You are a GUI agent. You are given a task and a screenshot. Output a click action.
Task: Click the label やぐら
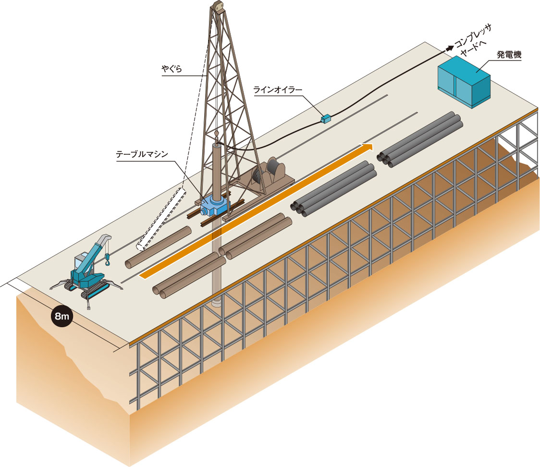172,69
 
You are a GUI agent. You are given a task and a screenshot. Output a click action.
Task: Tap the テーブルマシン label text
142,154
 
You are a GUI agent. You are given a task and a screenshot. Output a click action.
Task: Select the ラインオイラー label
278,90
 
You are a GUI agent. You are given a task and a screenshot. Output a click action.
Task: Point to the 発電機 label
509,54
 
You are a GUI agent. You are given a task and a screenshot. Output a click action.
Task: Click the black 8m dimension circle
62,316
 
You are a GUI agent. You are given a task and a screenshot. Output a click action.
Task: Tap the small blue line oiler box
325,119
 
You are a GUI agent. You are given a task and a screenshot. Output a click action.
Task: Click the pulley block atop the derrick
218,6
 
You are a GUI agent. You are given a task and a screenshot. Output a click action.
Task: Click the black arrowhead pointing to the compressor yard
450,49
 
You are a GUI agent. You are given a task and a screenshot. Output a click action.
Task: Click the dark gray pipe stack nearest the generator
420,139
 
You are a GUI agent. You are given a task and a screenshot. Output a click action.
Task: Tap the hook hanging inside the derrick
216,133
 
